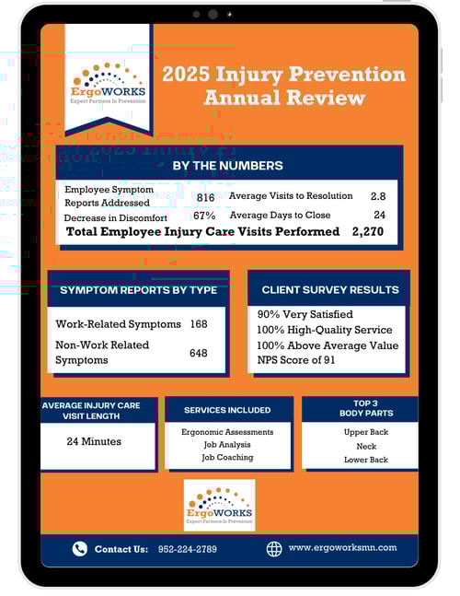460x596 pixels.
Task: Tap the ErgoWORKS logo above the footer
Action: click(219, 505)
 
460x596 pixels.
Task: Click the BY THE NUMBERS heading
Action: click(228, 166)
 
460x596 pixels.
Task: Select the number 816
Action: click(205, 197)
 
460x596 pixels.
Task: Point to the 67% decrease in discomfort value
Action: click(205, 216)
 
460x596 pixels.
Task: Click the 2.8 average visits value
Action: click(378, 196)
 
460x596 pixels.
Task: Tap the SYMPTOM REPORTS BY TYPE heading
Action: click(138, 290)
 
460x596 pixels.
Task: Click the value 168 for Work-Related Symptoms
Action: click(199, 324)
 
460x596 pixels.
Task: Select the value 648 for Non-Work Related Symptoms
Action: click(199, 353)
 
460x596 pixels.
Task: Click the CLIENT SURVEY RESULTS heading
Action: click(330, 290)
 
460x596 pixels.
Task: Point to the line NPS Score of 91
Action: click(296, 359)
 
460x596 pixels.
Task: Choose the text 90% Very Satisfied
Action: click(305, 314)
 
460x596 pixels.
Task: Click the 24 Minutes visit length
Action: click(94, 441)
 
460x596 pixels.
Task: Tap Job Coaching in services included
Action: click(227, 458)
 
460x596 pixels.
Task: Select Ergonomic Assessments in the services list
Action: click(227, 431)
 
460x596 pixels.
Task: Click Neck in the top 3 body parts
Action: click(366, 446)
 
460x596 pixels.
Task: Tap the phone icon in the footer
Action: click(80, 549)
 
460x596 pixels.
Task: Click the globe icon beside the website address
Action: click(273, 548)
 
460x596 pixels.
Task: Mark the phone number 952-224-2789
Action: click(188, 549)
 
